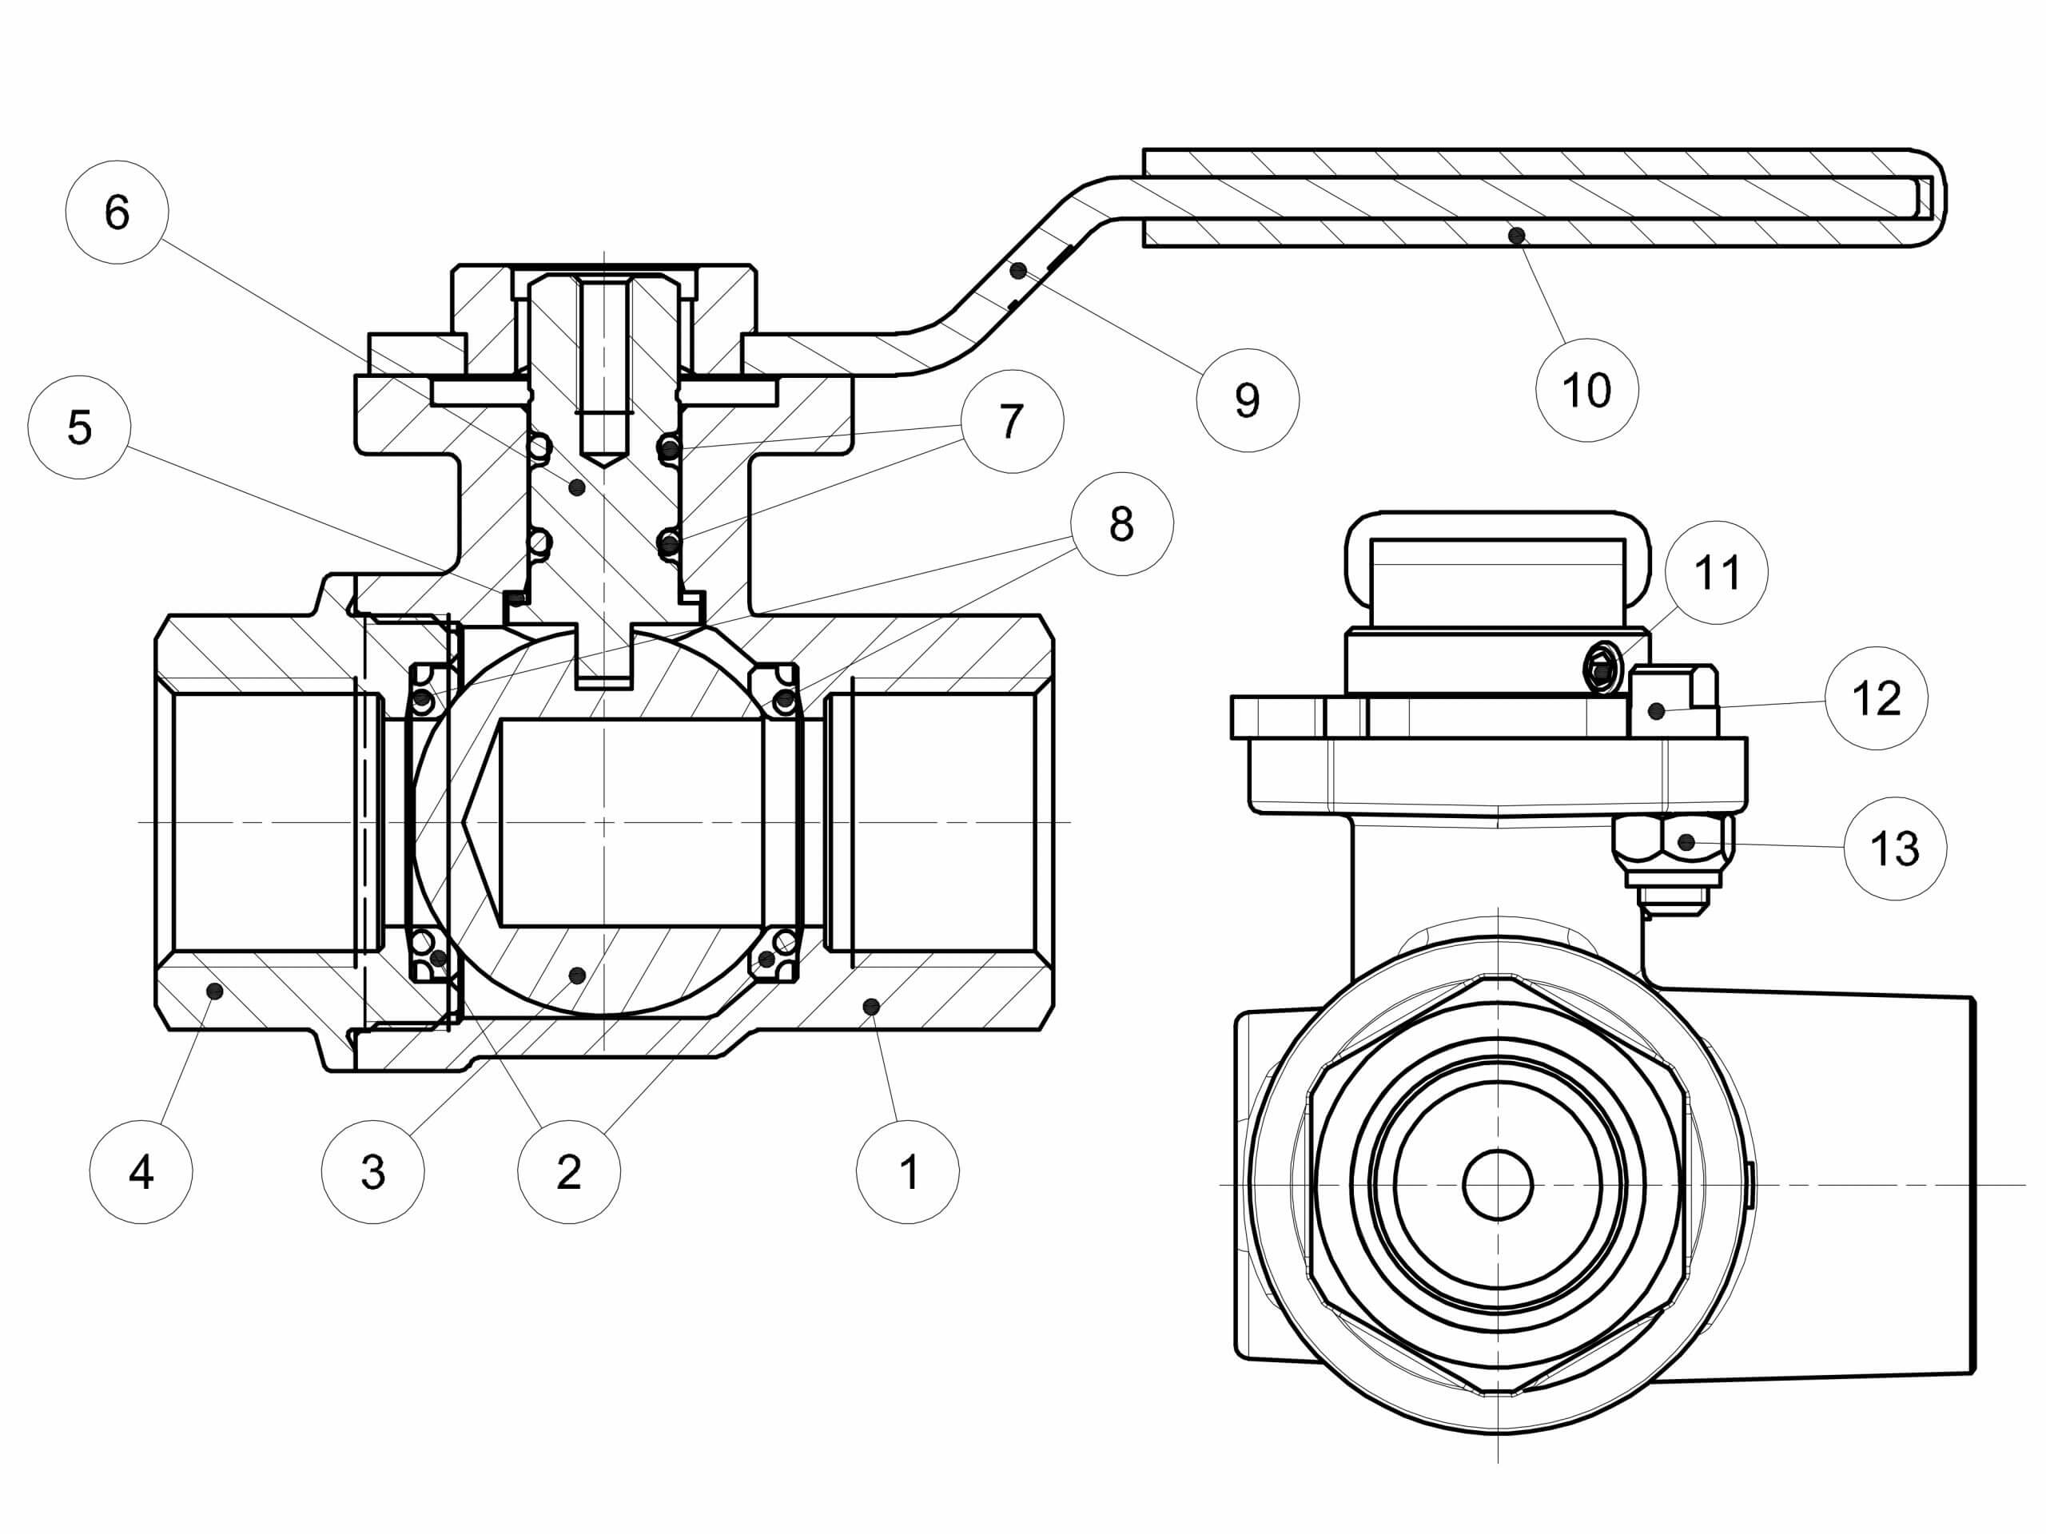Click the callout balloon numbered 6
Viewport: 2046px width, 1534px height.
click(117, 213)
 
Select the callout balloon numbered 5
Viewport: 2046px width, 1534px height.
click(80, 427)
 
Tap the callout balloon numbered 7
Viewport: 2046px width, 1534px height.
click(1012, 422)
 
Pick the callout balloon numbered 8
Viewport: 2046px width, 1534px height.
click(1121, 524)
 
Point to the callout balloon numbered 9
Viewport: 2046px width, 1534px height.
click(1247, 400)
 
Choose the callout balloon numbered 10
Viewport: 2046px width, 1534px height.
click(1586, 390)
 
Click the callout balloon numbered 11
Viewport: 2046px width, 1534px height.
click(1716, 572)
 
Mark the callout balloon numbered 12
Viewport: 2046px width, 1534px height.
click(1876, 698)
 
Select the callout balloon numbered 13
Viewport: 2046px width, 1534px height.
click(1894, 848)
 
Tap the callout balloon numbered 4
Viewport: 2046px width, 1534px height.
click(141, 1172)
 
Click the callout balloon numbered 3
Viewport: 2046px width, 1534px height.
click(372, 1172)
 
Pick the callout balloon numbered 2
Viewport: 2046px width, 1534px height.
click(569, 1172)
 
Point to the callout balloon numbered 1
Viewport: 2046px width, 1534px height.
click(907, 1172)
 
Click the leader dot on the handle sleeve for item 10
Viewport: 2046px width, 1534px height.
click(1516, 236)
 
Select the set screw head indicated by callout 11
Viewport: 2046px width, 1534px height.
click(1600, 666)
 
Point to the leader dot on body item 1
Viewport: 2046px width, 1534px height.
click(870, 1004)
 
